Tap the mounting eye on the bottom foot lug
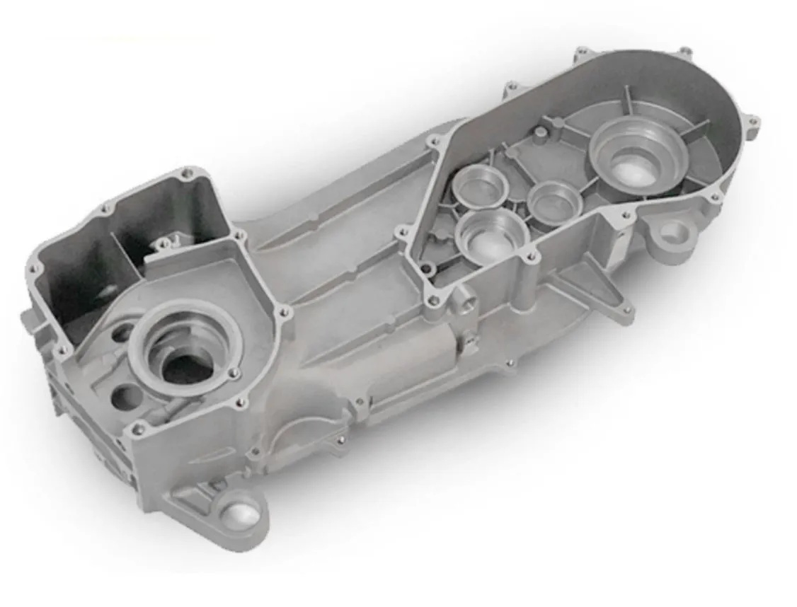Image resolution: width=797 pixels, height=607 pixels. point(240,512)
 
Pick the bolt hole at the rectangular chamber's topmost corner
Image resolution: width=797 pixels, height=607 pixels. point(187,173)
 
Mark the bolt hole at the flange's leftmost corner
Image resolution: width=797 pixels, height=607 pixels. point(33,270)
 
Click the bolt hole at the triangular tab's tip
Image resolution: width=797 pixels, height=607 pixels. point(626,309)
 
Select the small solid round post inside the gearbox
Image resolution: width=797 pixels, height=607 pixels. point(540,133)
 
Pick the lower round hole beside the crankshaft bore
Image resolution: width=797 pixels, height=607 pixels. point(126,397)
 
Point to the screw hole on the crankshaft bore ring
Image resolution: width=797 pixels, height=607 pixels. point(234,372)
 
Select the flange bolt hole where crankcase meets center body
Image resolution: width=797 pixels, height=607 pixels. point(285,311)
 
